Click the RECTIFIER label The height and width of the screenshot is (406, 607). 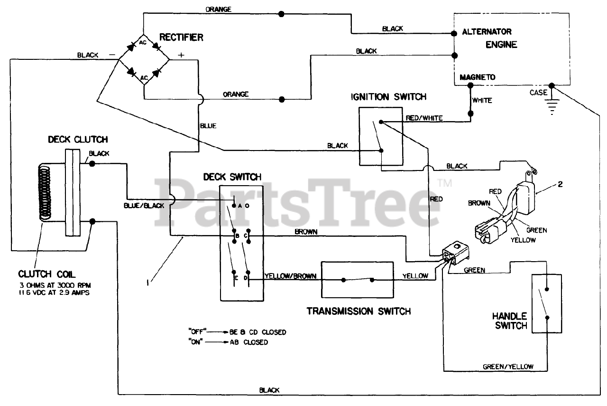coord(181,37)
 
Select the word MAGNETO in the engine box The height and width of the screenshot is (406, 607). coord(477,77)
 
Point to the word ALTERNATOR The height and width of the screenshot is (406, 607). coord(487,32)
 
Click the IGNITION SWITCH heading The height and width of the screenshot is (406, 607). coord(388,97)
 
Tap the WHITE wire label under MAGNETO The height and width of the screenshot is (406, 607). coord(482,101)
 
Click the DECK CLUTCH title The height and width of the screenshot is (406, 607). coord(78,139)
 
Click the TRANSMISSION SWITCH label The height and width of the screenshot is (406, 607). coord(359,312)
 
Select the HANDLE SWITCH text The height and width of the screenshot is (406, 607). coord(509,321)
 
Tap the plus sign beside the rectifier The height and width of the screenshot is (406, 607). coord(181,55)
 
